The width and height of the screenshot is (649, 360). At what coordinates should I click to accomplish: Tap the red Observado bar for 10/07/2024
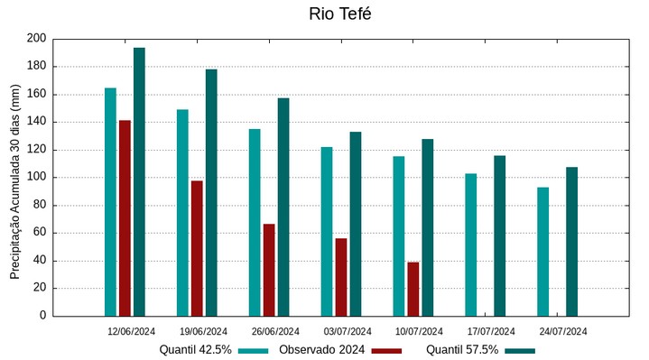413,289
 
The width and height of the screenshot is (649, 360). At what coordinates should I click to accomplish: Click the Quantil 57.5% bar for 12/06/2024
139,181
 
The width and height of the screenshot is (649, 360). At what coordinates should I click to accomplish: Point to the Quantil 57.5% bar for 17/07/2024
499,235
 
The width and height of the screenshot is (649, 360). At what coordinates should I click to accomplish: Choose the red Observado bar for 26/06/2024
269,270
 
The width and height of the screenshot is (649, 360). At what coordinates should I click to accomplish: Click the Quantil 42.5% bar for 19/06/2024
182,212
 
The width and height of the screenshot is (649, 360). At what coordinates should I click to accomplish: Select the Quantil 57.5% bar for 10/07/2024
427,227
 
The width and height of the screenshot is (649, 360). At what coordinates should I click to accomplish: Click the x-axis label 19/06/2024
203,331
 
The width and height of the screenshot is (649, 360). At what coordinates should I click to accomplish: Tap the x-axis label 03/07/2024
348,331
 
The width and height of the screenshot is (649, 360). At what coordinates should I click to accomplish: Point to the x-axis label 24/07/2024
563,331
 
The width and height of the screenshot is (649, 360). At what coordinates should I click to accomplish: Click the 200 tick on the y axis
36,39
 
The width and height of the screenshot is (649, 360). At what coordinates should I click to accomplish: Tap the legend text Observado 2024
321,350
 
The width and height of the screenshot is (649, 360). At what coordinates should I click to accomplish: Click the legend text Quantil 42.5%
196,350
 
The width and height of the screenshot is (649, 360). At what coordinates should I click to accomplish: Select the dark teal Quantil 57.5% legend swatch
520,350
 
